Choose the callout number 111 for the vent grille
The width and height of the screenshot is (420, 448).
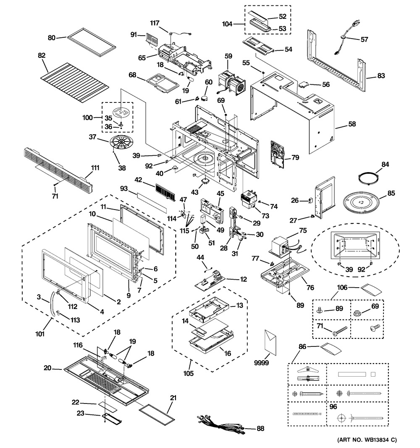(95, 168)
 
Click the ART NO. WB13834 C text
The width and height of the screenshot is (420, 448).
(366, 440)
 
